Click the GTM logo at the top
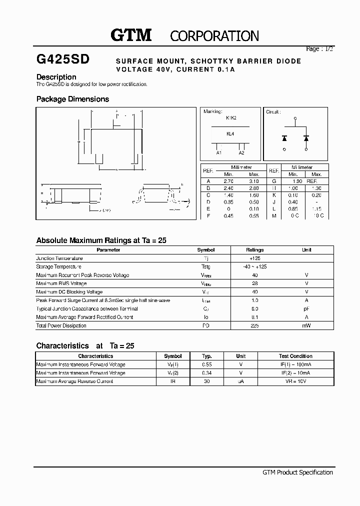point(130,35)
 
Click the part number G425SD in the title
point(63,59)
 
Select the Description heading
point(56,77)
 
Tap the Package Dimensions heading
point(72,99)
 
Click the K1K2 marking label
point(230,118)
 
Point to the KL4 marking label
point(230,134)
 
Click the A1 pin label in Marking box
point(219,153)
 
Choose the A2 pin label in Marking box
point(241,153)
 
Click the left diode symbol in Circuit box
point(284,137)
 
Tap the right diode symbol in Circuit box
point(306,137)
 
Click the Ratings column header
point(254,250)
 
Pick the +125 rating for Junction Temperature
point(254,258)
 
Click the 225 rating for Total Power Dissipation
point(254,325)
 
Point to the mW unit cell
point(307,325)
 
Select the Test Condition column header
point(295,356)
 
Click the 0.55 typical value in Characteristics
point(207,364)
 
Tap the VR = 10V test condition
point(295,381)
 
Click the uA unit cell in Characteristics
point(241,381)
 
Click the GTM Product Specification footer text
point(297,472)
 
